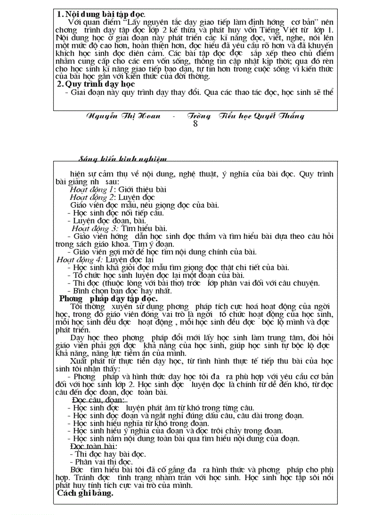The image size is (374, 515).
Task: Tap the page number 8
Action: [195, 124]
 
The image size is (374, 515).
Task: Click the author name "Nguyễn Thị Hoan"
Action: [123, 116]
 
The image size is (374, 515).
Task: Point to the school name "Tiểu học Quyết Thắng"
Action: [261, 116]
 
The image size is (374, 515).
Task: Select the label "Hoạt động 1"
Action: [91, 189]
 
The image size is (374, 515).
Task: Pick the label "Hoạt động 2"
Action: [91, 197]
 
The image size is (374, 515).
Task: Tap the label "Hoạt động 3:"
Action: [95, 228]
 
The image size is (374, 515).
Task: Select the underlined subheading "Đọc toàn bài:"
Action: [93, 446]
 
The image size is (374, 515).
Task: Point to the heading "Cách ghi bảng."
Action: [85, 493]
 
